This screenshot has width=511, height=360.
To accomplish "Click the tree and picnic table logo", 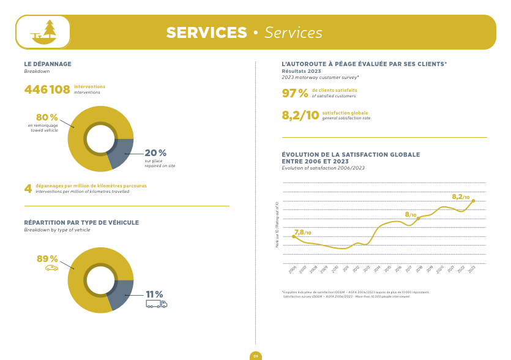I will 43,32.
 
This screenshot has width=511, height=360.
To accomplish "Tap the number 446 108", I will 47,90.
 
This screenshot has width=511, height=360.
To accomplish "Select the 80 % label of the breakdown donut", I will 47,118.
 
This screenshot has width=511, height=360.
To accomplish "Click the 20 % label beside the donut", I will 155,153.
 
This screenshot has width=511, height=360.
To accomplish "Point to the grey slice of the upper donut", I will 122,152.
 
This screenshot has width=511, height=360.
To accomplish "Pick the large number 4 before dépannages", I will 28,189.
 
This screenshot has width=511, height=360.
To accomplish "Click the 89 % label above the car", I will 47,259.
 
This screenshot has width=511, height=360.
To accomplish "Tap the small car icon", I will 51,268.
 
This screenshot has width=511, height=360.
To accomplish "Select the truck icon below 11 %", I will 156,304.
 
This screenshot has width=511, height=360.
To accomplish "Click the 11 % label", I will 154,294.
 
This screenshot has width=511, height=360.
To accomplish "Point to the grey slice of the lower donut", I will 121,293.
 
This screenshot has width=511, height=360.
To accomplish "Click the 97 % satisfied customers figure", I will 294,94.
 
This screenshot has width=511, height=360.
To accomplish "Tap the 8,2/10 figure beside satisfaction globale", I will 300,116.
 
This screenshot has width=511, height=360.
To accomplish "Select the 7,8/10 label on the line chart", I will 302,233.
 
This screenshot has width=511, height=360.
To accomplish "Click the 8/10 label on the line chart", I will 411,215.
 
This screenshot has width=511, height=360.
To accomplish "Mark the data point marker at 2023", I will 473,201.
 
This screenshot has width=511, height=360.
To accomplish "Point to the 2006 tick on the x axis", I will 293,269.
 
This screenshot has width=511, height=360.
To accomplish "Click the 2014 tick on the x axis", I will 376,269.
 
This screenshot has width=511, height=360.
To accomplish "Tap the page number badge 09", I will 256,356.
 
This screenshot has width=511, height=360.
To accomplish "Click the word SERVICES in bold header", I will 206,32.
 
